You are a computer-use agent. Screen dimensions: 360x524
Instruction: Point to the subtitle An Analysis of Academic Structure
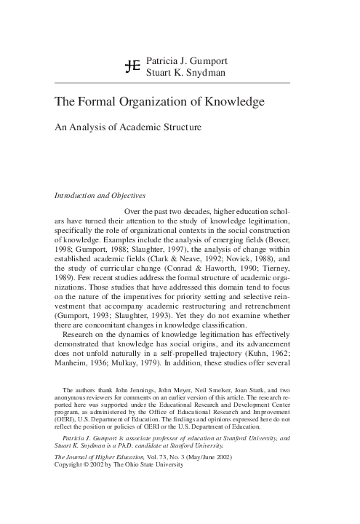click(128, 127)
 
